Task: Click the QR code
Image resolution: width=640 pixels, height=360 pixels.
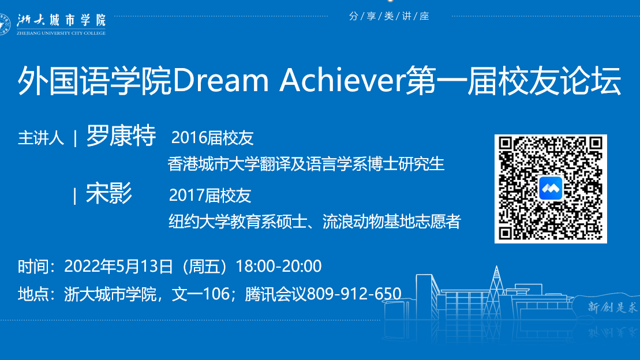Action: [551, 189]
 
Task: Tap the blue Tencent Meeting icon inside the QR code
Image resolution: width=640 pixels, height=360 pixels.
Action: [551, 189]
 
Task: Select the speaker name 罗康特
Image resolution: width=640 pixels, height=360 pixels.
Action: [121, 136]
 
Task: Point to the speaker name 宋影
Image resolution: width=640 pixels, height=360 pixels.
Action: [109, 193]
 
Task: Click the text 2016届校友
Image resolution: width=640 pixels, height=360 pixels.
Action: [212, 138]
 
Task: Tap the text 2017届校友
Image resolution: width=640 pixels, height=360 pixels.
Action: [210, 196]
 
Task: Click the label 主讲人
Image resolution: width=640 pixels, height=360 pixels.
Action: [41, 138]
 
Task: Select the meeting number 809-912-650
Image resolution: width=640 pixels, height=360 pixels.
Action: [354, 294]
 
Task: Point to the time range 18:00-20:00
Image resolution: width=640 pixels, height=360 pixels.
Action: [279, 266]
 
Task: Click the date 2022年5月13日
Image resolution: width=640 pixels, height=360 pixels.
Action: [118, 266]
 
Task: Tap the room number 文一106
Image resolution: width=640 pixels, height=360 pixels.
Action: [201, 294]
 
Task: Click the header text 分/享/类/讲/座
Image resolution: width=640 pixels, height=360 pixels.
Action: [389, 16]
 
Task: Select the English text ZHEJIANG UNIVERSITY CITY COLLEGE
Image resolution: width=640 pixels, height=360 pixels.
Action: [61, 33]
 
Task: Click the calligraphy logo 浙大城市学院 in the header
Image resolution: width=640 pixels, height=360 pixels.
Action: [61, 20]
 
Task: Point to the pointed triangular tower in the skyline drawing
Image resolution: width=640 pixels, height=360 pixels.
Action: [496, 286]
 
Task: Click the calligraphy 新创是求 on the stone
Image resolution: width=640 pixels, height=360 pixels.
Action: [612, 306]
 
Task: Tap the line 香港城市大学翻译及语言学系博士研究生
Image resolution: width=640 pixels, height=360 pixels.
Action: [306, 164]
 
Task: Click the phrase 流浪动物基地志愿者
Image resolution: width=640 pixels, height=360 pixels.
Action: [392, 222]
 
